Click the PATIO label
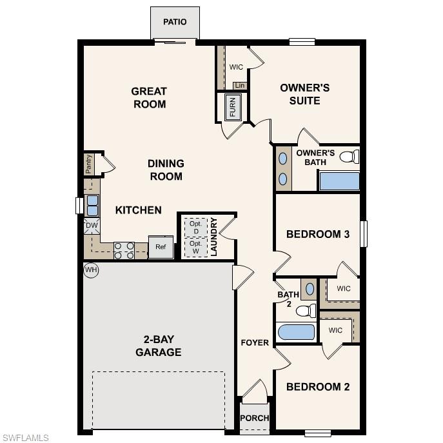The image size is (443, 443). tap(175, 22)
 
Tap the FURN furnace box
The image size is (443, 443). tap(233, 107)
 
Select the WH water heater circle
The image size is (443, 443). tap(91, 270)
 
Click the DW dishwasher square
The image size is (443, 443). tap(91, 226)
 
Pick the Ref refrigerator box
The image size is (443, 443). tap(161, 247)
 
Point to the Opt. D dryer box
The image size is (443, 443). tap(195, 227)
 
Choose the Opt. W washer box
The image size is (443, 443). tap(195, 247)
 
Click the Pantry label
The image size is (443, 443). tap(88, 164)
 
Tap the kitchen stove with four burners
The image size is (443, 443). tap(124, 250)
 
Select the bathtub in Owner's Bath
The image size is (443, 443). tap(339, 181)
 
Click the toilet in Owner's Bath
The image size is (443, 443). tap(349, 156)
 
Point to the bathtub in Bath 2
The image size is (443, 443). tap(296, 333)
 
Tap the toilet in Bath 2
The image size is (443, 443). tap(305, 311)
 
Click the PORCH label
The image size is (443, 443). tap(255, 418)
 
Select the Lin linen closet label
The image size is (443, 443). tap(240, 86)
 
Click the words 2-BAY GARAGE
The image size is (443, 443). tap(158, 346)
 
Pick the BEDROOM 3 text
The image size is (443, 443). tap(318, 234)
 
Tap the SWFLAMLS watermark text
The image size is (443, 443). tap(26, 438)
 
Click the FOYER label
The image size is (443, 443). tap(255, 342)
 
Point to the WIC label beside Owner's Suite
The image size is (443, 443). tap(236, 66)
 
